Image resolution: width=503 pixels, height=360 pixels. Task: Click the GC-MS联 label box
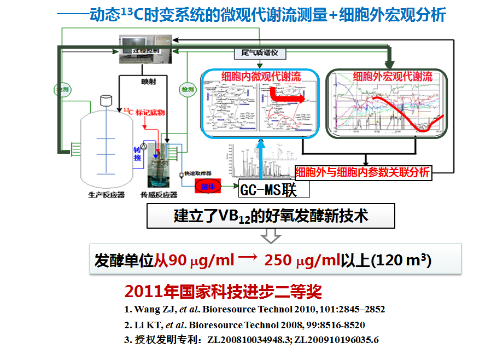pos(274,189)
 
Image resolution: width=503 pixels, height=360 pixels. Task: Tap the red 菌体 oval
pos(209,187)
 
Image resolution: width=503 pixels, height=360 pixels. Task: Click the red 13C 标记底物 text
pos(145,112)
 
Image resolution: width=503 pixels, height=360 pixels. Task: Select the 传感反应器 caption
pos(159,195)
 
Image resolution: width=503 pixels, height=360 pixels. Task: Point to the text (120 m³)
pos(401,260)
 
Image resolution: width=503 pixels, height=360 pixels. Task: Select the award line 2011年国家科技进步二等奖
pos(223,291)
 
